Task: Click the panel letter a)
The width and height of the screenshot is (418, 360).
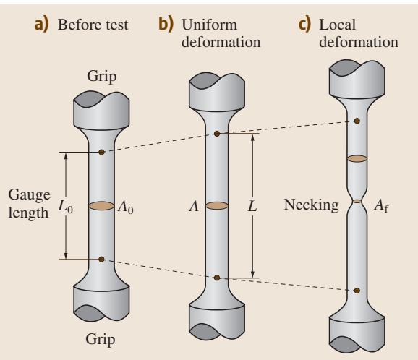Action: pos(42,25)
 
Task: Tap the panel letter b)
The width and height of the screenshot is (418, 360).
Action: pos(166,24)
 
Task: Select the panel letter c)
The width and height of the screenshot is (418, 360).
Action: pos(304,25)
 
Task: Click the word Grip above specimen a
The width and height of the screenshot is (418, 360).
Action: pos(101,77)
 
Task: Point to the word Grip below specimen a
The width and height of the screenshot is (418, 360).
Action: pos(101,340)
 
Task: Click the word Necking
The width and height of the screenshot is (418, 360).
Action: pos(312,205)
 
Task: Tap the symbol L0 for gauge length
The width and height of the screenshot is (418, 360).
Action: pos(66,207)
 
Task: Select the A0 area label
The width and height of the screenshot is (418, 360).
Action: pos(126,207)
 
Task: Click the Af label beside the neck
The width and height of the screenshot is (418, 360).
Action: pos(381,206)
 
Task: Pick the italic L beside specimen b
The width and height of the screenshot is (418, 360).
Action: pos(252,206)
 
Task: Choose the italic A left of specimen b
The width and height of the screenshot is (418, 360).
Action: pos(194,206)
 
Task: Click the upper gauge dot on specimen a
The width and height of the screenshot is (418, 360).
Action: pos(101,152)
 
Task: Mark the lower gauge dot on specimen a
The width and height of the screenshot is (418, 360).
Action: pos(101,260)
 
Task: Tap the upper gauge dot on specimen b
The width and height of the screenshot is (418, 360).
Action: pos(217,134)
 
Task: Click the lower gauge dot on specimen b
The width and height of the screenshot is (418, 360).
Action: pos(217,278)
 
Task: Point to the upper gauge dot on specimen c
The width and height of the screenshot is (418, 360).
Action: pos(357,121)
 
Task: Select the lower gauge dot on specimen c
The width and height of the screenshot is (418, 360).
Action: pos(357,291)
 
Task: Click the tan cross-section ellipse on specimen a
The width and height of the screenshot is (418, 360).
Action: pos(101,206)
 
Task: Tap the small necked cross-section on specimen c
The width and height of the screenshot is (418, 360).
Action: pos(357,201)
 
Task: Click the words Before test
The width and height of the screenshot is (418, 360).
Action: pos(93,25)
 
